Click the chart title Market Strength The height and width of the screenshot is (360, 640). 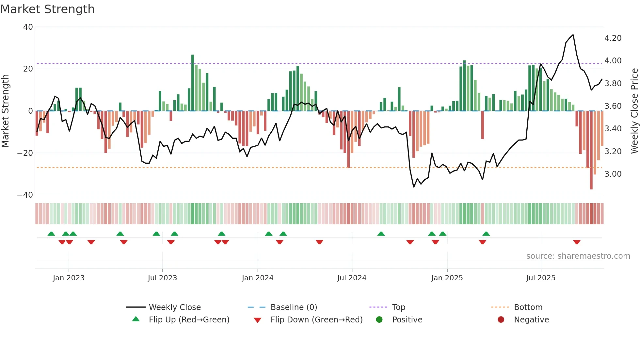point(48,9)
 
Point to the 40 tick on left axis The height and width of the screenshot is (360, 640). point(28,27)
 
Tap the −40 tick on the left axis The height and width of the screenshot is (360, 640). point(25,195)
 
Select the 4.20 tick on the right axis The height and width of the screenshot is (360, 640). point(613,38)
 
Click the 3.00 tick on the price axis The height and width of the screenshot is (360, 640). point(613,174)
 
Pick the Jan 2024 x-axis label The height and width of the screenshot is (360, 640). point(258,278)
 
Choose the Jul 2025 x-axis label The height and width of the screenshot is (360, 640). point(541,278)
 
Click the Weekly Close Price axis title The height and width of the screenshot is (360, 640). point(634,111)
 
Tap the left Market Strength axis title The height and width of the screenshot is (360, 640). point(5,111)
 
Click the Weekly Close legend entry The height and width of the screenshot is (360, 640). point(174,307)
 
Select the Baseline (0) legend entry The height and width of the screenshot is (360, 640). point(294,307)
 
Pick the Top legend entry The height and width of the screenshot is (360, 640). point(398,307)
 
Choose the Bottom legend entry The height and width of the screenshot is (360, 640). point(528,307)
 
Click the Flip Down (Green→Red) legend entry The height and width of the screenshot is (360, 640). point(316,320)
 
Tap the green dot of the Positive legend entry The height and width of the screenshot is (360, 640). point(379,320)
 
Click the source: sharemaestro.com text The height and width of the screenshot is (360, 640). point(578,256)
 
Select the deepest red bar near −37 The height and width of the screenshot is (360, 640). point(591,150)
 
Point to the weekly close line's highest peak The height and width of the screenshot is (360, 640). point(573,35)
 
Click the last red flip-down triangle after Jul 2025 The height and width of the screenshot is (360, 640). point(577,242)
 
